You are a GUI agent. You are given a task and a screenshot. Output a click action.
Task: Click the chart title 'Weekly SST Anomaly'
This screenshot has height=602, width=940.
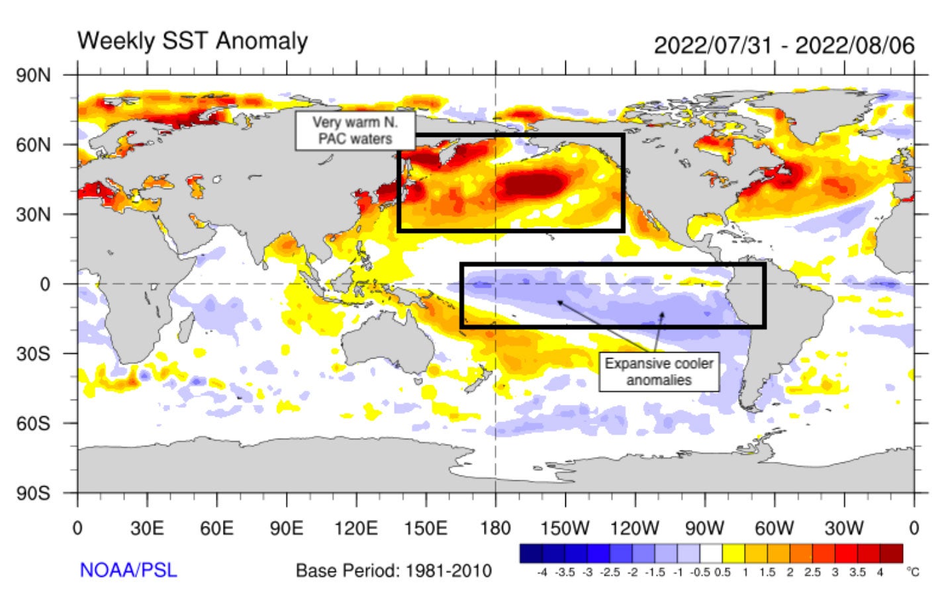[193, 41]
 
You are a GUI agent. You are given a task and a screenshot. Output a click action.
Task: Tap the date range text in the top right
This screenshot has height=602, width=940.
[784, 46]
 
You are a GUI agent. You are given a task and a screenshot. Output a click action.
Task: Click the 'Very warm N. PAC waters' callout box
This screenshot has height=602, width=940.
[355, 130]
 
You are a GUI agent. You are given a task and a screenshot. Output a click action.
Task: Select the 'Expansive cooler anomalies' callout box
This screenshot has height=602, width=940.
[659, 372]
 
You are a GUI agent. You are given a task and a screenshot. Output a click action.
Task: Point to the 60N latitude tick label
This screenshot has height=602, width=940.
[33, 145]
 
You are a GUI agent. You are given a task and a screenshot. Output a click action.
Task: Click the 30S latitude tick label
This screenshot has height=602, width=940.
[33, 354]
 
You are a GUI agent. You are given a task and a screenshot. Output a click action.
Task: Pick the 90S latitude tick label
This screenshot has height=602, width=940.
[33, 494]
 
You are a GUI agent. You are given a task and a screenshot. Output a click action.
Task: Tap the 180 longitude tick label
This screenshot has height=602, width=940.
[495, 529]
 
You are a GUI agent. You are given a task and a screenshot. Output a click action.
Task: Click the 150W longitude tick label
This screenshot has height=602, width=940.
[565, 529]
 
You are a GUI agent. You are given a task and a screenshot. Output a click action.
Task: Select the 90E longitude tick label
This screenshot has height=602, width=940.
[286, 529]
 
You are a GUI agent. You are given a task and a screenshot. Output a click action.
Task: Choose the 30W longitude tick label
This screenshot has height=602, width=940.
[843, 529]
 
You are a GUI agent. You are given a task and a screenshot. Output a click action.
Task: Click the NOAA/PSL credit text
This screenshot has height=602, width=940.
[128, 570]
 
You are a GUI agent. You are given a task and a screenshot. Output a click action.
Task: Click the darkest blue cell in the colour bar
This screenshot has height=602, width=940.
[531, 554]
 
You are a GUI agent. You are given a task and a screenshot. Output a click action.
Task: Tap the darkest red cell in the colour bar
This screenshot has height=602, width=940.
[891, 554]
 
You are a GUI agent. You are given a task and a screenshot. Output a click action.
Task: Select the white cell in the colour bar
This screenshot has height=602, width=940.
[711, 554]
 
